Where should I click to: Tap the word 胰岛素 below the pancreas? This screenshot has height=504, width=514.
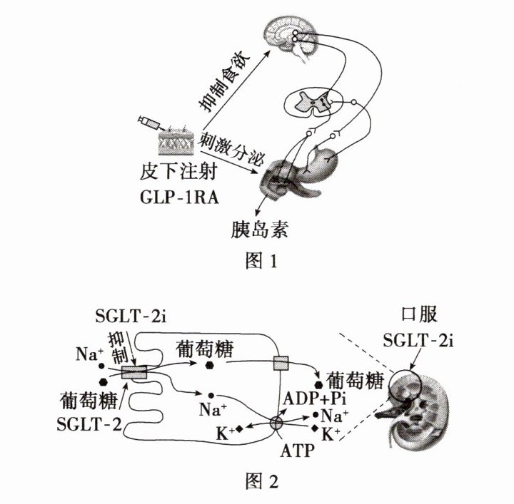pyautogui.click(x=261, y=229)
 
